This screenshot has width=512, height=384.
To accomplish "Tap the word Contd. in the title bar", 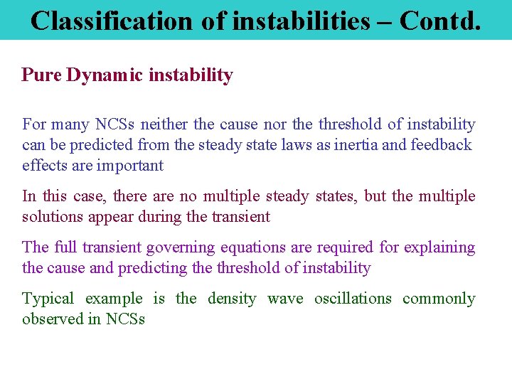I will (440, 21).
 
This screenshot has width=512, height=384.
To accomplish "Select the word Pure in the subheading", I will (41, 75).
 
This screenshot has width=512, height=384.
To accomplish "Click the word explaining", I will (439, 247).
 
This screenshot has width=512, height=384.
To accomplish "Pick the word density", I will (232, 299).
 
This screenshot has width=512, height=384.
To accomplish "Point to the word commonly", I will (439, 299).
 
